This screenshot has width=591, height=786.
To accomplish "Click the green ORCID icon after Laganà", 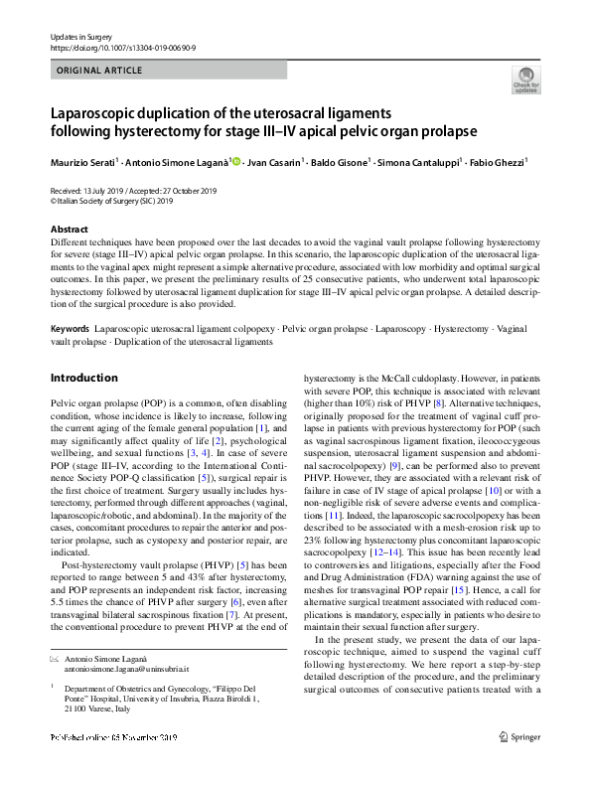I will pyautogui.click(x=236, y=160).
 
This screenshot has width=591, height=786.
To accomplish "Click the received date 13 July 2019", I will pyautogui.click(x=101, y=190).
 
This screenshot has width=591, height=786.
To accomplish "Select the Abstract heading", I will pyautogui.click(x=69, y=230).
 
